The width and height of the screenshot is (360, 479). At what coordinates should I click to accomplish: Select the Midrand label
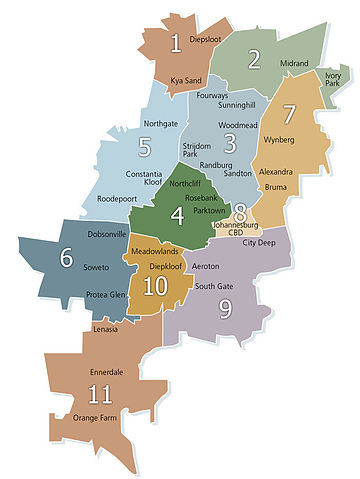coord(293,63)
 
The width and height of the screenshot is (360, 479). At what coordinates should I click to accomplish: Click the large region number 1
coord(175,43)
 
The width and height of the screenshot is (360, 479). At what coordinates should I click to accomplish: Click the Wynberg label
coord(280,141)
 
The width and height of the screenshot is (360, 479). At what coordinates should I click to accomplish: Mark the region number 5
coord(145,149)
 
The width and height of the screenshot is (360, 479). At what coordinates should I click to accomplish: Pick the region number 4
coord(177,215)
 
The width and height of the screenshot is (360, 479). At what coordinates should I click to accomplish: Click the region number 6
coord(67,258)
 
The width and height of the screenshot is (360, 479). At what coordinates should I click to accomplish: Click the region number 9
coord(225,309)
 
